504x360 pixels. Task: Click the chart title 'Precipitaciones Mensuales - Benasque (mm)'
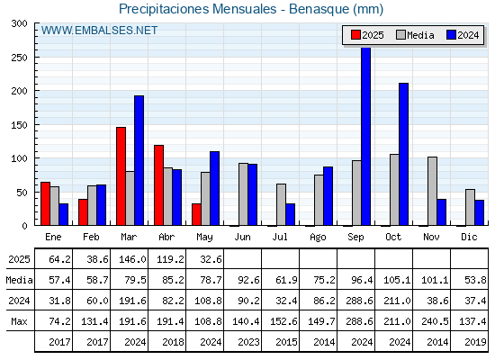tap(251, 9)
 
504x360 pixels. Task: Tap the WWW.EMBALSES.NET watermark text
tap(99, 31)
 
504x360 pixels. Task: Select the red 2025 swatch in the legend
tap(355, 35)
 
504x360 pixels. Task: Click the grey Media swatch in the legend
tap(400, 35)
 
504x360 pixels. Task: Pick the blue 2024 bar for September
tap(365, 136)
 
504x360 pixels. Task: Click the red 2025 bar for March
tap(121, 176)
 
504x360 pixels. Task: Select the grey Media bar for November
tap(432, 191)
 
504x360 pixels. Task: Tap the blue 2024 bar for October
tap(404, 154)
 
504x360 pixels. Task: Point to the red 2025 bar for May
tap(197, 214)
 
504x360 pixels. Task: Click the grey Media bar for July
tap(281, 204)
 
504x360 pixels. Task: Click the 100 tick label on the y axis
tap(20, 158)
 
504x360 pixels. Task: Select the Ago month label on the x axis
tap(318, 238)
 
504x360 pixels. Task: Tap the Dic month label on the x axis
tap(469, 237)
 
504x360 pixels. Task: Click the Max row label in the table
tap(19, 321)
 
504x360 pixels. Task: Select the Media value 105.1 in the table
tap(397, 280)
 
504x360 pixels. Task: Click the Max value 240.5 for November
tap(435, 321)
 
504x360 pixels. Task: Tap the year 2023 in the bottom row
tap(248, 342)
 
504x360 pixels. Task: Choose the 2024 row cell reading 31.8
tap(59, 301)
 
